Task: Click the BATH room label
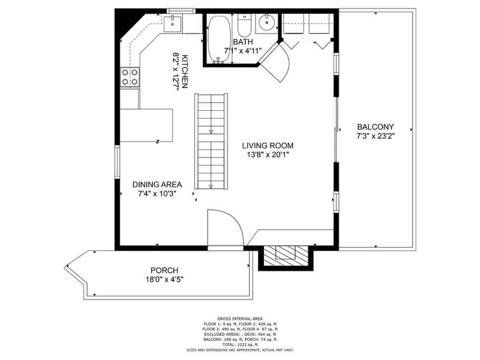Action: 243,42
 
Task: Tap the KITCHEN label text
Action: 185,72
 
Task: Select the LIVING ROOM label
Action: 268,145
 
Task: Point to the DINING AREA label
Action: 157,184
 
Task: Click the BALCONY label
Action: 375,127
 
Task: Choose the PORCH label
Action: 164,270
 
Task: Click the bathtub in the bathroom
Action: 219,40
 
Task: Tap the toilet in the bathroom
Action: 244,24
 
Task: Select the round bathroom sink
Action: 267,22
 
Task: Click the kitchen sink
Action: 172,24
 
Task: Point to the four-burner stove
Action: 130,77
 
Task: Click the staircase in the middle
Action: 211,141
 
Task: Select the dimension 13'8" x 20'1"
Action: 268,155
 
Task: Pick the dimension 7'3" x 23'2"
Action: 375,136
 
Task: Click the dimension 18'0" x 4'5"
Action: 164,279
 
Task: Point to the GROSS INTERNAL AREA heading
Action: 240,319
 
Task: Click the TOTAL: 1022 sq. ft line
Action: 240,345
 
